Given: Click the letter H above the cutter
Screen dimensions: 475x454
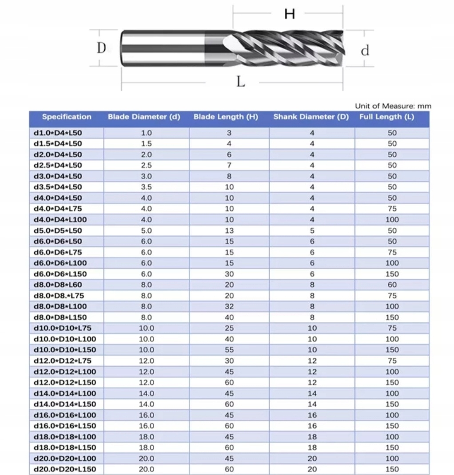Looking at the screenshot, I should [x=290, y=15].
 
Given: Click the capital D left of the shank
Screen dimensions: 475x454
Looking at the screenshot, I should [x=102, y=48].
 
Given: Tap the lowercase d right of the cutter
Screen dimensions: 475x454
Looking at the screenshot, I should [x=365, y=51].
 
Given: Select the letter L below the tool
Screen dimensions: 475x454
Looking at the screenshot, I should [x=240, y=82].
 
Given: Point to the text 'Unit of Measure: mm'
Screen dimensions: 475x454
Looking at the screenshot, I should [x=393, y=106].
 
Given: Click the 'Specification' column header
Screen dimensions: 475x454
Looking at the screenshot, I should [x=67, y=117].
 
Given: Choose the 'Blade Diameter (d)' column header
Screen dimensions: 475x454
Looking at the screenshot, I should [x=144, y=117].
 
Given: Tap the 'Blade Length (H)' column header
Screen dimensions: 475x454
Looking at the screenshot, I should [x=226, y=117].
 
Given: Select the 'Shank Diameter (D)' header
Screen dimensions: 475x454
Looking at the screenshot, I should [x=311, y=117].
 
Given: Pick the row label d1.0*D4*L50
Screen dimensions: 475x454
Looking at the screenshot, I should [x=58, y=133].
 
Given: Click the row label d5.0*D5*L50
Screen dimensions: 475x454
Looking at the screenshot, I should [x=58, y=231].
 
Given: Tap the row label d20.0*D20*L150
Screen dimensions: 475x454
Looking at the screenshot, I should [x=65, y=469].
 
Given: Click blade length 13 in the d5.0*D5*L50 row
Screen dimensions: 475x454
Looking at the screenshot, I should [x=229, y=231].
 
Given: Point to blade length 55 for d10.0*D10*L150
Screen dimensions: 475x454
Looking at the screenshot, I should [x=229, y=350].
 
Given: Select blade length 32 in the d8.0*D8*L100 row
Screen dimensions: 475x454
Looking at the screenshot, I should [x=229, y=306].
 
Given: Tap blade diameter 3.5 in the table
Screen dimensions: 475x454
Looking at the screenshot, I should [x=146, y=187].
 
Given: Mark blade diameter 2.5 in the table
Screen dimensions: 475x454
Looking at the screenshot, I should [x=146, y=165].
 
